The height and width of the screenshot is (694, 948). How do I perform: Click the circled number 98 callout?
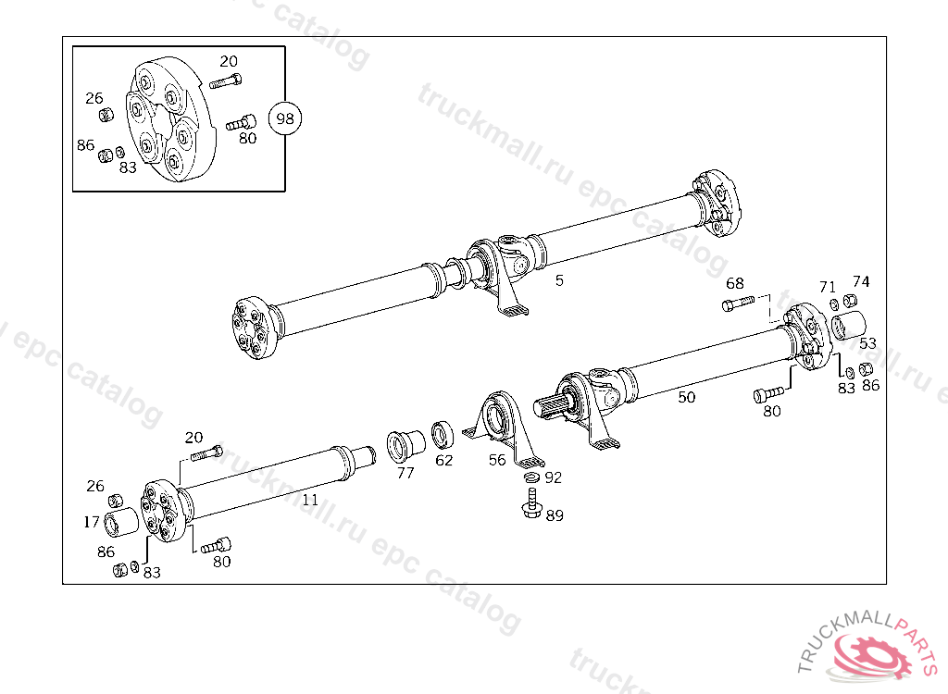coord(285,118)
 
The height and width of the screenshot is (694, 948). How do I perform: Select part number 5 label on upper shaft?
coord(559,279)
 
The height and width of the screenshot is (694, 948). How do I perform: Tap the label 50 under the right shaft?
coord(686,397)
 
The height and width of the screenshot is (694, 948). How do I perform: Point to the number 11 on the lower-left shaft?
coord(310,500)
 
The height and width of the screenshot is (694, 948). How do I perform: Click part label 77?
coord(405,473)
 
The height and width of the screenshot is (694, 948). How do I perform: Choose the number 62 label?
coord(444,460)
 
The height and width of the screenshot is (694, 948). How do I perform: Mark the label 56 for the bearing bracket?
coord(498,460)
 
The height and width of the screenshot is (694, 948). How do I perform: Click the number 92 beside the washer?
coord(554,478)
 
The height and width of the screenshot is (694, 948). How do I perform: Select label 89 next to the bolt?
coord(554,515)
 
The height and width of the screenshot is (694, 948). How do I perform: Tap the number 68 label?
coord(734,283)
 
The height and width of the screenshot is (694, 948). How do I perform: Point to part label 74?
coord(861,281)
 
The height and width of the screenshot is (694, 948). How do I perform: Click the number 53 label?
coord(867,343)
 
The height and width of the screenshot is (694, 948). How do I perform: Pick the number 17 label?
coord(91,522)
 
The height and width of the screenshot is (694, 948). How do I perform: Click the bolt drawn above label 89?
coord(531,504)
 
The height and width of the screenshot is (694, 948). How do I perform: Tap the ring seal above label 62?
coord(441,434)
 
